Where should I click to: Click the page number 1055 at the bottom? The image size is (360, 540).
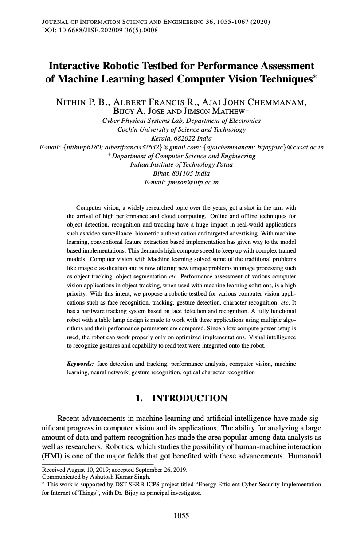181,515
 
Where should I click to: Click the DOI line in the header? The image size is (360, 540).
100,30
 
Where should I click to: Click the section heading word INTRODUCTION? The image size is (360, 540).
189,398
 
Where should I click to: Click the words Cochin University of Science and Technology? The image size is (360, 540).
181,129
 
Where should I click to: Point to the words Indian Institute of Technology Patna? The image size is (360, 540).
181,164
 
